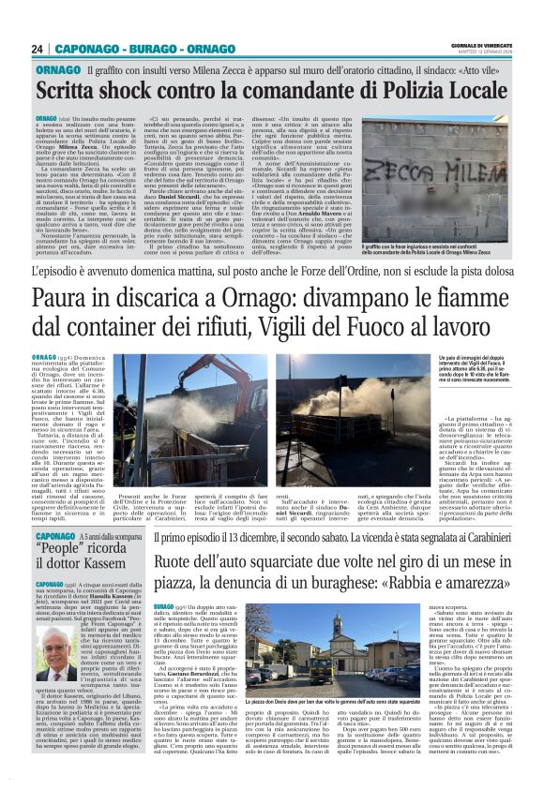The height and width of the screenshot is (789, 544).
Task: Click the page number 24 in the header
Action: click(38, 49)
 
